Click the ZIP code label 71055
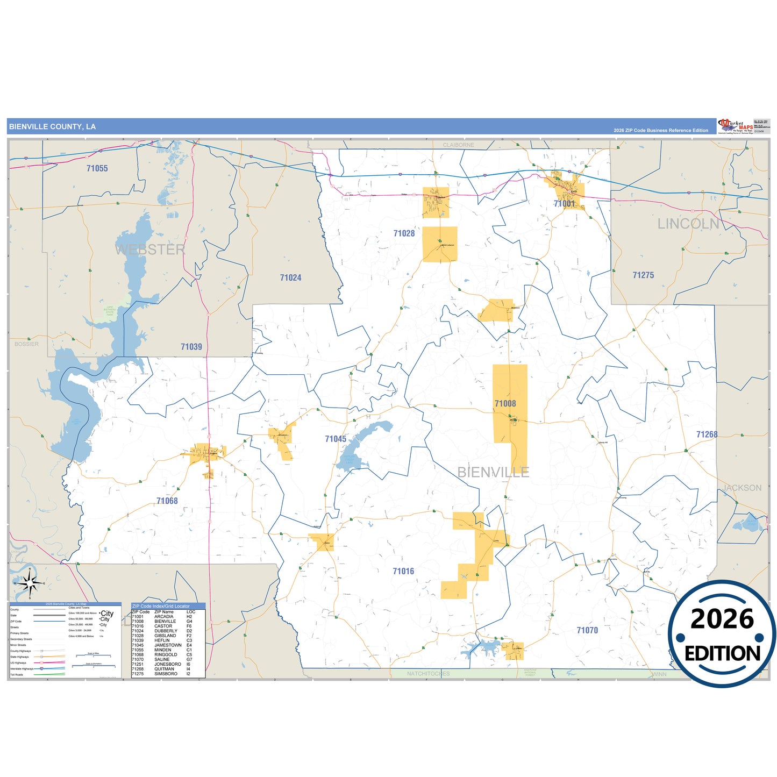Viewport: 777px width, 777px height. pyautogui.click(x=97, y=168)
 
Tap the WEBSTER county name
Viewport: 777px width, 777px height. pyautogui.click(x=150, y=250)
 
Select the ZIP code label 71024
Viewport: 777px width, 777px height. pyautogui.click(x=290, y=277)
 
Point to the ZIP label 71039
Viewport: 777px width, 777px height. pyautogui.click(x=191, y=347)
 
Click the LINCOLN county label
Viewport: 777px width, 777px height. pyautogui.click(x=688, y=224)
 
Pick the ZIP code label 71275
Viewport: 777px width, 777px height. pyautogui.click(x=643, y=275)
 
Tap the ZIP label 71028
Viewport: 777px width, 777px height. pyautogui.click(x=404, y=233)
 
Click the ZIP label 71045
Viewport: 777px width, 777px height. pyautogui.click(x=336, y=439)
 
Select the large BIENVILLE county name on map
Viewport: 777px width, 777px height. pyautogui.click(x=493, y=472)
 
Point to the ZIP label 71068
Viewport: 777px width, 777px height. pyautogui.click(x=167, y=501)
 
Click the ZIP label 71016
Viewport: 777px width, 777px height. pyautogui.click(x=403, y=571)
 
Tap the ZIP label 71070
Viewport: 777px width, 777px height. pyautogui.click(x=587, y=630)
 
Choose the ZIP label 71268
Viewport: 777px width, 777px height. pyautogui.click(x=707, y=434)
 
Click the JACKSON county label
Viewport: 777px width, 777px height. pyautogui.click(x=742, y=488)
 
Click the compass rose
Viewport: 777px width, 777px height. pyautogui.click(x=30, y=583)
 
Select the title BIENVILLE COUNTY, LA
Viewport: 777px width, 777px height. pyautogui.click(x=52, y=127)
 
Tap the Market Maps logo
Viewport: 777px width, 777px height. pyautogui.click(x=736, y=126)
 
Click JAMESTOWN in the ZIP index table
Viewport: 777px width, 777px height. pyautogui.click(x=168, y=645)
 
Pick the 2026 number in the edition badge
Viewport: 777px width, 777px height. pyautogui.click(x=722, y=619)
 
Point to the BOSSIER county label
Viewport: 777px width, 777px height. pyautogui.click(x=26, y=344)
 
